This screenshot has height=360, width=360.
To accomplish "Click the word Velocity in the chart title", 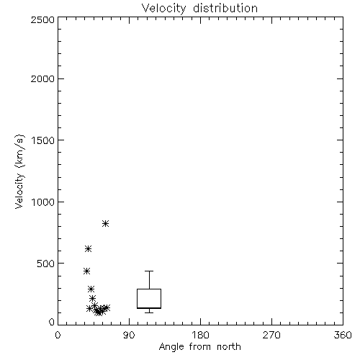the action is (163, 9).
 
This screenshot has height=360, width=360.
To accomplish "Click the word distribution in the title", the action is (225, 8).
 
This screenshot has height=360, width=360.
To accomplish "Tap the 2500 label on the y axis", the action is (42, 19).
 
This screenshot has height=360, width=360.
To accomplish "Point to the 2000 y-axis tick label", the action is (42, 78).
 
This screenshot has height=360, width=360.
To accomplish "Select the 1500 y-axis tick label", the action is (43, 140).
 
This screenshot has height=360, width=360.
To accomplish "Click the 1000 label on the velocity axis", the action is (43, 202).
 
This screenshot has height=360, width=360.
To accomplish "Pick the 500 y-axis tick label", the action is (46, 264).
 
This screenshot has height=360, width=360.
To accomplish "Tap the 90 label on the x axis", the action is (129, 335).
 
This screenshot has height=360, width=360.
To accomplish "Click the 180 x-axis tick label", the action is (200, 335).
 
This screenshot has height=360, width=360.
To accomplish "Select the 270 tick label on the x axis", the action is (271, 335).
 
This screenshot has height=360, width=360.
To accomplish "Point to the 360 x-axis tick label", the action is (343, 335).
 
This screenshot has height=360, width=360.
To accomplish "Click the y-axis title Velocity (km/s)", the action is (19, 171).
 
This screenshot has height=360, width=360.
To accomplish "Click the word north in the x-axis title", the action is (229, 347).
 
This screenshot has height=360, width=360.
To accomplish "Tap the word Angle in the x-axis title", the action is (171, 347).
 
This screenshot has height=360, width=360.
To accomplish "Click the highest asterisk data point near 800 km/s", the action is (105, 224).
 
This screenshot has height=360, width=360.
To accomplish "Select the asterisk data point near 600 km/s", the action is (88, 249).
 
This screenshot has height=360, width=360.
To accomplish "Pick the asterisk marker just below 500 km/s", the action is (86, 271).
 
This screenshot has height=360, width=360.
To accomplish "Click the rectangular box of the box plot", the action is (149, 289).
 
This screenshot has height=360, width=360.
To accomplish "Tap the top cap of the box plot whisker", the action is (149, 271).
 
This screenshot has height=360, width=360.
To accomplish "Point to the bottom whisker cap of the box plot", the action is (149, 312).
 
